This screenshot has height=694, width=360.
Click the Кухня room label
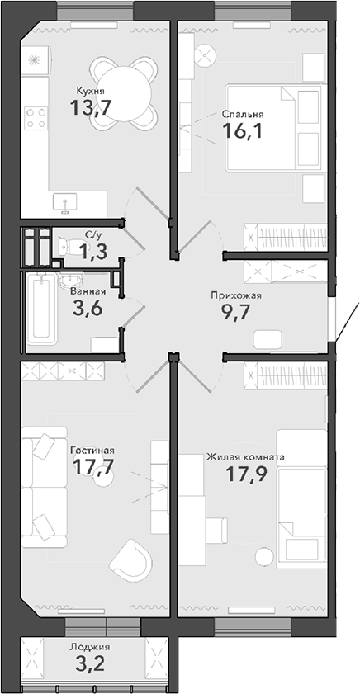pos(90,91)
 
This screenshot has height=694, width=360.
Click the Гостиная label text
pos(92,451)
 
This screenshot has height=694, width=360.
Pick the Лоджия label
pos(89,647)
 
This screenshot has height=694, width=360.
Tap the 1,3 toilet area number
pos(93,252)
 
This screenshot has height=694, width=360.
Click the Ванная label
pos(88,291)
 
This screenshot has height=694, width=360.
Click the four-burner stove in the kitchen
pos(36,118)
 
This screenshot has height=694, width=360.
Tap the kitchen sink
pos(65,203)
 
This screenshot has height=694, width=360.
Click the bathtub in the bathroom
pos(42,309)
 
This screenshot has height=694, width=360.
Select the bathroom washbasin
pos(71,281)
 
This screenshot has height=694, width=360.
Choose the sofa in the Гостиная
pos(44,487)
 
